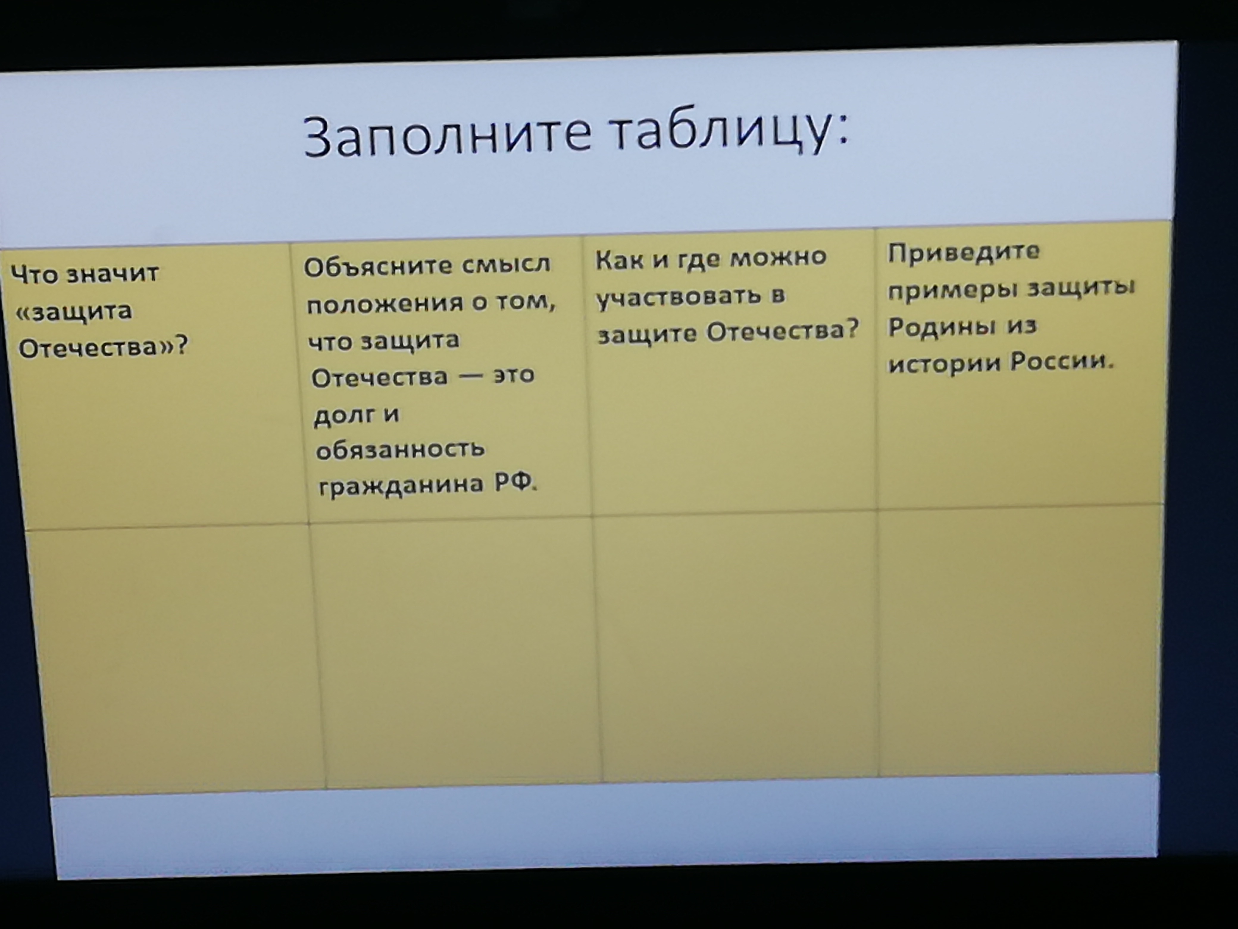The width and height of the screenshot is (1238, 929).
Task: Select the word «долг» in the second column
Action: [x=345, y=415]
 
